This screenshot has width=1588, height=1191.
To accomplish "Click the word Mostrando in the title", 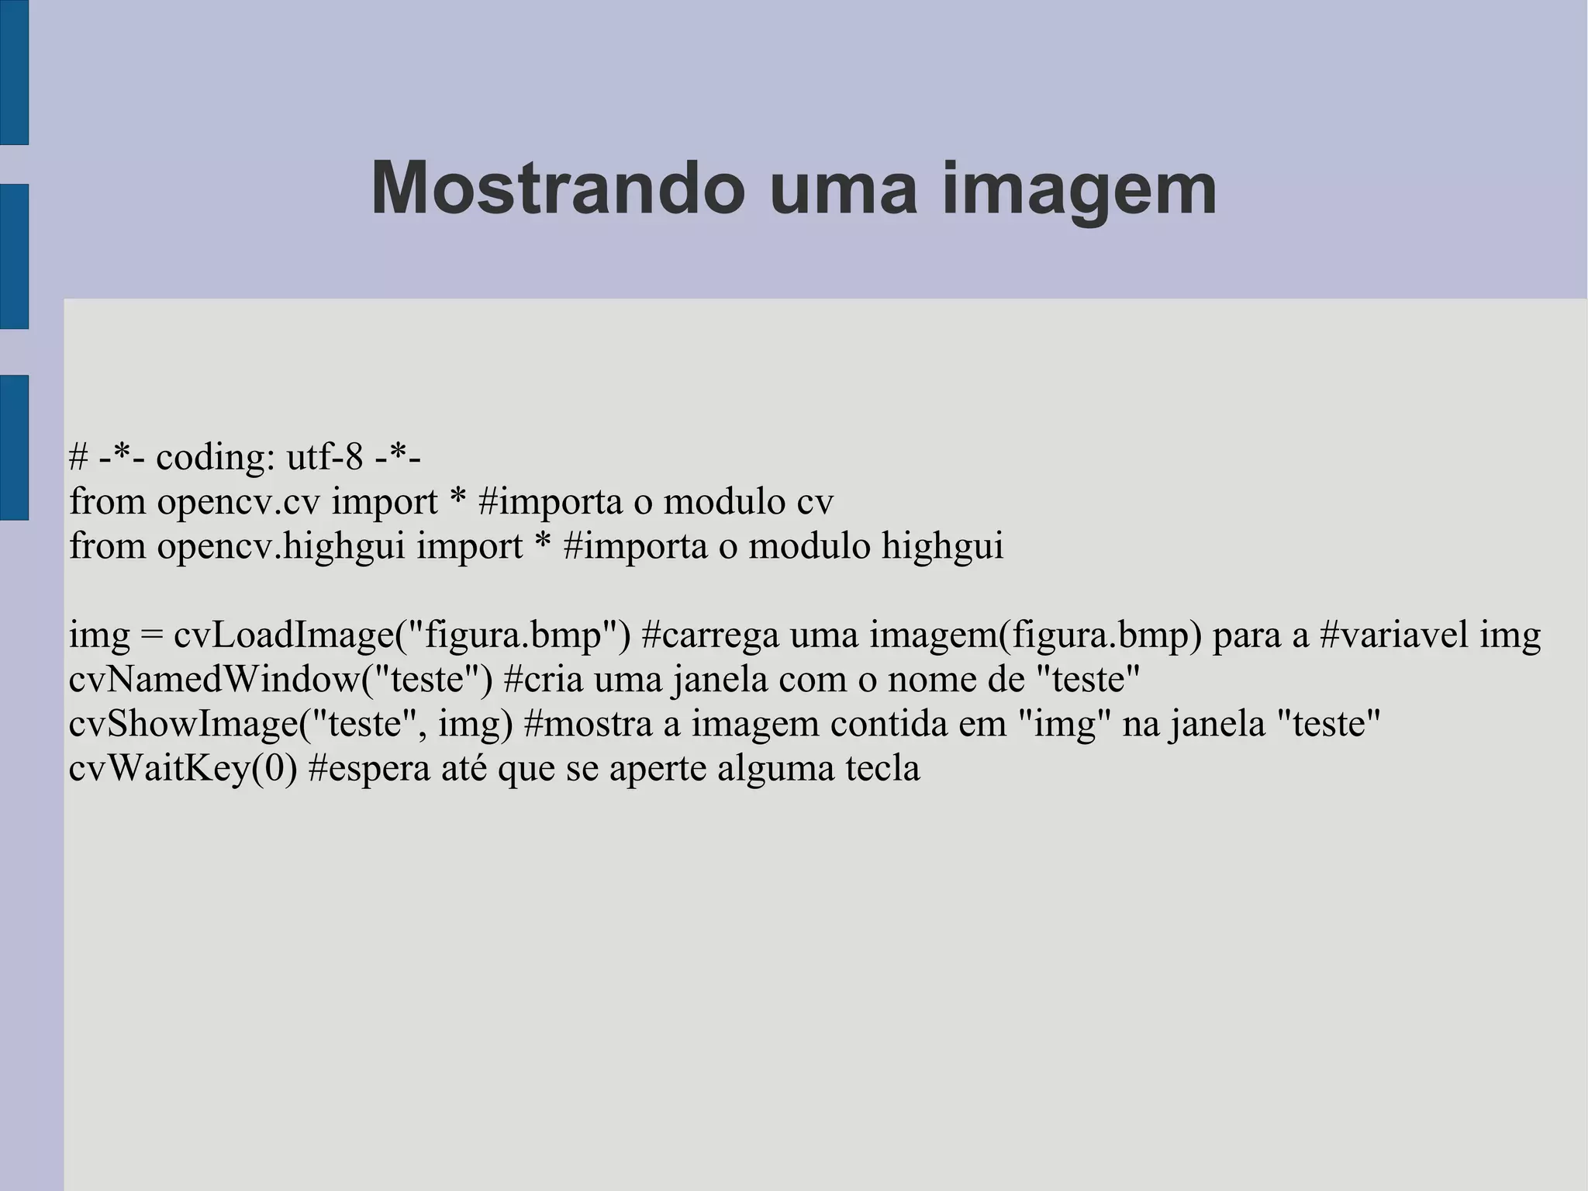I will (558, 189).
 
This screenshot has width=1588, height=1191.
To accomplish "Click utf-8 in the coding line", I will (325, 457).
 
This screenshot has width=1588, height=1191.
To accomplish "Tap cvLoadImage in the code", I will (284, 636).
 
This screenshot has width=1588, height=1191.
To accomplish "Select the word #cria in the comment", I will (544, 680).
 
